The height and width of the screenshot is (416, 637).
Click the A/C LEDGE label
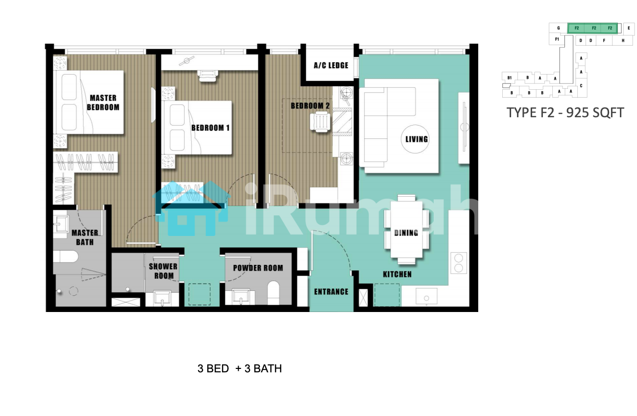click(x=331, y=65)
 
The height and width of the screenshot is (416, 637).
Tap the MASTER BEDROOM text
click(x=103, y=103)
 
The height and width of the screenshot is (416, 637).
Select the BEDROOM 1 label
click(x=210, y=128)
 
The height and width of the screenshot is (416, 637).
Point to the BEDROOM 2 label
click(x=310, y=106)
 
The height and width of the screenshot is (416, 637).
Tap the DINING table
click(x=406, y=230)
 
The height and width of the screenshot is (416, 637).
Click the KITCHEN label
click(x=397, y=275)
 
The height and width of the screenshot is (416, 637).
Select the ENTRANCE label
click(x=331, y=292)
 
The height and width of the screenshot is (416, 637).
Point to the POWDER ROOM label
click(x=258, y=268)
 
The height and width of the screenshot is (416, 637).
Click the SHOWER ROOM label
click(x=163, y=271)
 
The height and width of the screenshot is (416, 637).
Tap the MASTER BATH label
click(x=84, y=237)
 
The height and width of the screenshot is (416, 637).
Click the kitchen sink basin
click(x=426, y=296)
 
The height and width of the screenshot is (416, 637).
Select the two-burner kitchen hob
click(x=459, y=263)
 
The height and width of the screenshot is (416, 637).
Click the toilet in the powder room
click(x=273, y=292)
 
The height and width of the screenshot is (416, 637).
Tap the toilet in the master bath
click(x=65, y=257)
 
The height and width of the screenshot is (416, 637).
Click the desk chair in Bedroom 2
click(x=320, y=122)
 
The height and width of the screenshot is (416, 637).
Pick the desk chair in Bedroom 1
click(x=208, y=76)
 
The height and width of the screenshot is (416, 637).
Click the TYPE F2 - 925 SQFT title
click(x=565, y=113)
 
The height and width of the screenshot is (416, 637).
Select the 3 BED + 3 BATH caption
click(x=240, y=368)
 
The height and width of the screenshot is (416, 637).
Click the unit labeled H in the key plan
click(x=623, y=40)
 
